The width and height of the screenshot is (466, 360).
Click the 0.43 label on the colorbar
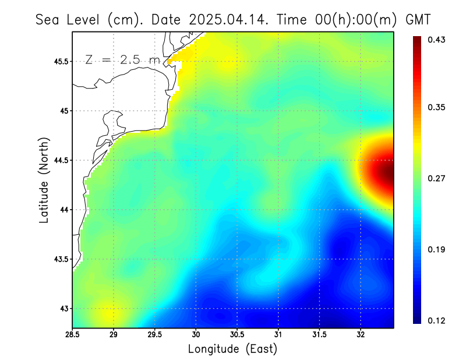coord(437,40)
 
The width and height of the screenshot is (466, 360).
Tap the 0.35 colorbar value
coord(437,107)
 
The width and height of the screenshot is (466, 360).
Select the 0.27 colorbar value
coord(437,179)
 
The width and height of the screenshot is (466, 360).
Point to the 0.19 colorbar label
coord(437,250)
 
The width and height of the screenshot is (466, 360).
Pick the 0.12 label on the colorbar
coord(437,320)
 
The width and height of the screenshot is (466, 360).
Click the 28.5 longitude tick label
coord(72,335)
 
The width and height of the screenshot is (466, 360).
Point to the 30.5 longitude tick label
coord(237,335)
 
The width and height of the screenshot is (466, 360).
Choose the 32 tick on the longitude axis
coord(361,335)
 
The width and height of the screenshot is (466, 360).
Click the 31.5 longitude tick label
coord(319,335)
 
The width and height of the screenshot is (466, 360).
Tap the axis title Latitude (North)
coord(44,180)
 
